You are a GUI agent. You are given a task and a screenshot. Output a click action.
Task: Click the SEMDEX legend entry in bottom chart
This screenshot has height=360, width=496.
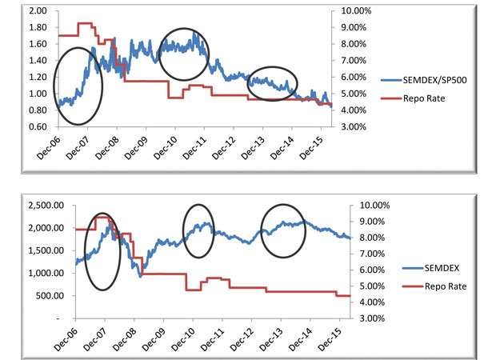(x=425, y=269)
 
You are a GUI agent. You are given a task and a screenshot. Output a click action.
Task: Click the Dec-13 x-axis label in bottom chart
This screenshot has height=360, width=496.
(x=272, y=338)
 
